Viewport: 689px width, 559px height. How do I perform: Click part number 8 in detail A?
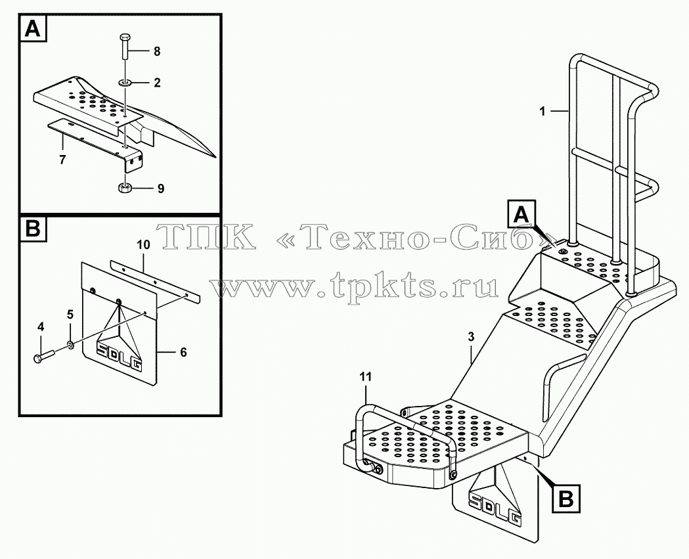[157, 52]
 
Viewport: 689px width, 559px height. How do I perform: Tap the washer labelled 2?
[125, 82]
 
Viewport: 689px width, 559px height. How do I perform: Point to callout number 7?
[62, 160]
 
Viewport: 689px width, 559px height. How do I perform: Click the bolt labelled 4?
[43, 355]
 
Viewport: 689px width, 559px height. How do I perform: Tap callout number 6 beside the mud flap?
[183, 352]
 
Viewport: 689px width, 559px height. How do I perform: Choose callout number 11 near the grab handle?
[366, 376]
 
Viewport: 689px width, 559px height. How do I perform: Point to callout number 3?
[471, 337]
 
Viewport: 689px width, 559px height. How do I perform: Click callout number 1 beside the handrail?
[543, 112]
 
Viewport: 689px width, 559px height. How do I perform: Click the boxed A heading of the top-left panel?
[32, 29]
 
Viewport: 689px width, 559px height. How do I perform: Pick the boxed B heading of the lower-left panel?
[33, 229]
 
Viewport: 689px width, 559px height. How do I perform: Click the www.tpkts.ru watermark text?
[355, 286]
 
